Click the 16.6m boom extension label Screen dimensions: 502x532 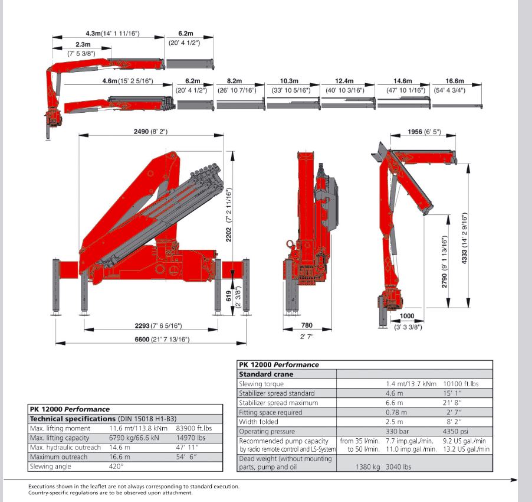(455, 81)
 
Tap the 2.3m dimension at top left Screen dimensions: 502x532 (83, 44)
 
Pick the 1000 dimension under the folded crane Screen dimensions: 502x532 (408, 316)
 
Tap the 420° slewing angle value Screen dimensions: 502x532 (117, 466)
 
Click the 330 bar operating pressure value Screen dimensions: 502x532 (398, 431)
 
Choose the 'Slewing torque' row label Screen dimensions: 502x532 (261, 383)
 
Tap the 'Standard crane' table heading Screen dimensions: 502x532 (266, 374)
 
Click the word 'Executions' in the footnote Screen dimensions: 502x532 (42, 487)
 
